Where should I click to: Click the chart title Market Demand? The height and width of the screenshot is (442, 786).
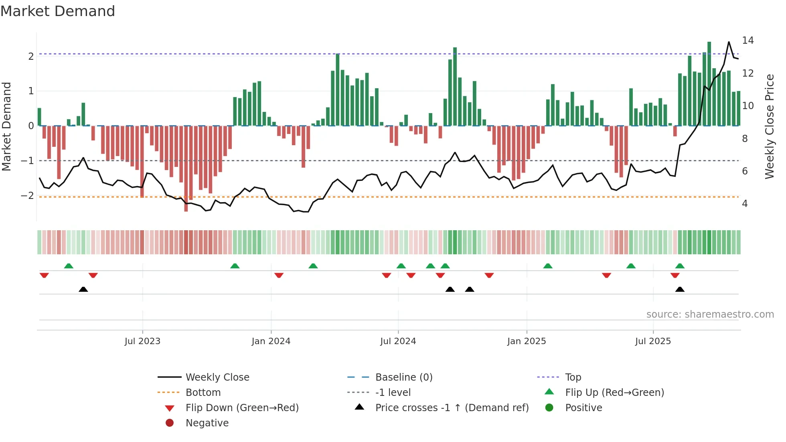click(x=58, y=11)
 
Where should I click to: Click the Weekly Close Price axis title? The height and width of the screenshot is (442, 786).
click(x=769, y=126)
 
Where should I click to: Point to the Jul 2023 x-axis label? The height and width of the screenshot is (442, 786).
click(x=142, y=341)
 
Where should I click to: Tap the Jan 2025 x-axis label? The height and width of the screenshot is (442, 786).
click(x=526, y=341)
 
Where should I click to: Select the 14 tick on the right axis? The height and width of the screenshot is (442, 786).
click(x=748, y=41)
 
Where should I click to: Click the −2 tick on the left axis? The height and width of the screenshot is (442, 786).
click(x=27, y=196)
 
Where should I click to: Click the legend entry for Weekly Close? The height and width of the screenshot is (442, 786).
click(x=217, y=377)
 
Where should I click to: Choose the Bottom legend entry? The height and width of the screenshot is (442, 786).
click(x=203, y=393)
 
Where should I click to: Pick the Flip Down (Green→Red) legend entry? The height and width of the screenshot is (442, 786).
click(x=242, y=408)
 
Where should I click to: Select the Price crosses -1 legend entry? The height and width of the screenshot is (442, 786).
click(x=452, y=408)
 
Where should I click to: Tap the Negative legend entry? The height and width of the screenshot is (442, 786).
click(x=207, y=423)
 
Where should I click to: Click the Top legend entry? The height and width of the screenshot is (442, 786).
click(x=573, y=377)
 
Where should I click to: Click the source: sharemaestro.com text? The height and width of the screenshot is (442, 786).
click(x=710, y=314)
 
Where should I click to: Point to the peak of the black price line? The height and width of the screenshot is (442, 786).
click(x=729, y=42)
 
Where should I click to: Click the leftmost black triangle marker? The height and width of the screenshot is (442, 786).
click(x=83, y=290)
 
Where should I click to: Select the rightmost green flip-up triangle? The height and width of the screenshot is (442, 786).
click(x=680, y=266)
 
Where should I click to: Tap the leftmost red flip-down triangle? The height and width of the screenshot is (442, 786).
click(x=44, y=275)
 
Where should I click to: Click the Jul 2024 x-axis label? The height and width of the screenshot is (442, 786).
click(x=398, y=341)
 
